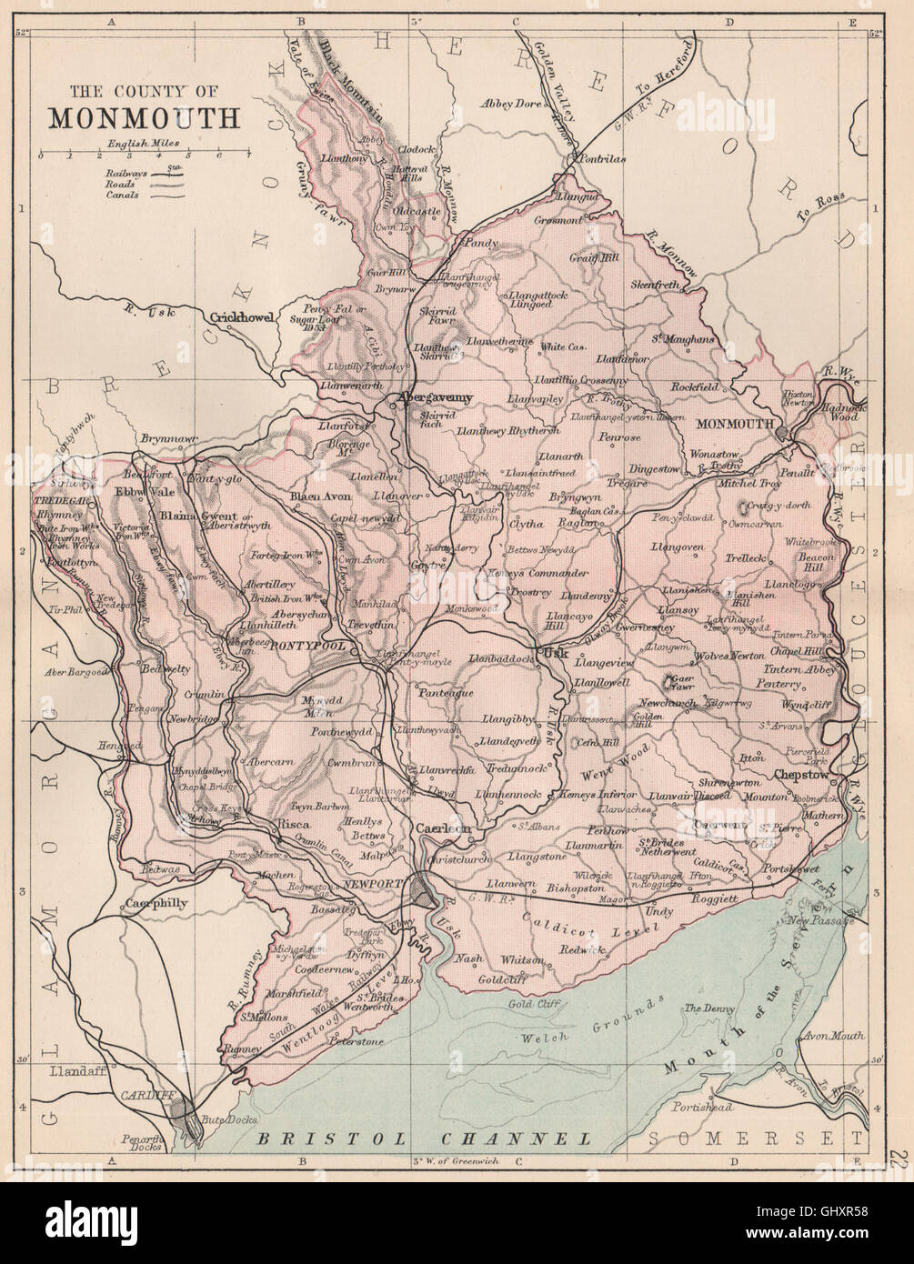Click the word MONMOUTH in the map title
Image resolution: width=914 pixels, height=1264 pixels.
(x=144, y=119)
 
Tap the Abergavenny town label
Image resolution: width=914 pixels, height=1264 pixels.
(x=433, y=397)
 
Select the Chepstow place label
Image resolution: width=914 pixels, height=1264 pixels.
(x=801, y=775)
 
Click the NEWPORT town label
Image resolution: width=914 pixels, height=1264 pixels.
(x=374, y=883)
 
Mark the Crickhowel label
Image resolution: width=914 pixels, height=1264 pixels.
(x=242, y=317)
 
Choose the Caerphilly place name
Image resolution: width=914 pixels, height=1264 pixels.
(x=156, y=904)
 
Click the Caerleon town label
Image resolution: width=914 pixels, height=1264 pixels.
(x=443, y=828)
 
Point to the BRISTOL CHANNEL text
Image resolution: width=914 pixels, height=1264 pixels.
(x=424, y=1138)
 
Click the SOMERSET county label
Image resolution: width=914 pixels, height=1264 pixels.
(x=754, y=1138)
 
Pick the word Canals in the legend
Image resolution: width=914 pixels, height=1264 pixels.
(x=121, y=195)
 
